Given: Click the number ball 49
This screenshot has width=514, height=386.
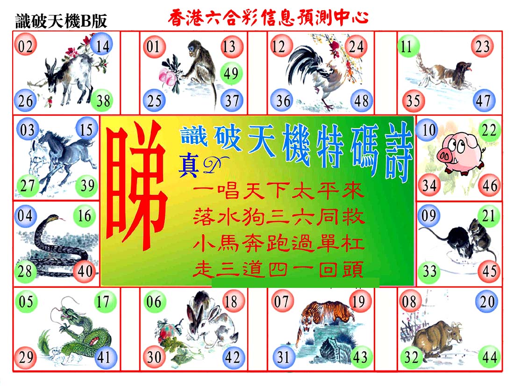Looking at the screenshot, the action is (231, 73).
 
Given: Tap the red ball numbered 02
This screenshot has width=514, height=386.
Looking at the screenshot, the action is (25, 46).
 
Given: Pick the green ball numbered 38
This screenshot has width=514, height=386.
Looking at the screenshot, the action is (102, 100).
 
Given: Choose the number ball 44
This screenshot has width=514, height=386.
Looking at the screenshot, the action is (489, 357).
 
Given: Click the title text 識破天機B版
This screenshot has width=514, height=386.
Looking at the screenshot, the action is (61, 21).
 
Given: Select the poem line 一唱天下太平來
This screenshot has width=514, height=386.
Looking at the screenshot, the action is (278, 191).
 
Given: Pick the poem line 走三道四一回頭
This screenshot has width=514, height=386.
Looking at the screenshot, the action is (278, 270).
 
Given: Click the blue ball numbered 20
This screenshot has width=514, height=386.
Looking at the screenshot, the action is (487, 301).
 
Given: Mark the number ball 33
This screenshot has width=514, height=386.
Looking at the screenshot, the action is (429, 271).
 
